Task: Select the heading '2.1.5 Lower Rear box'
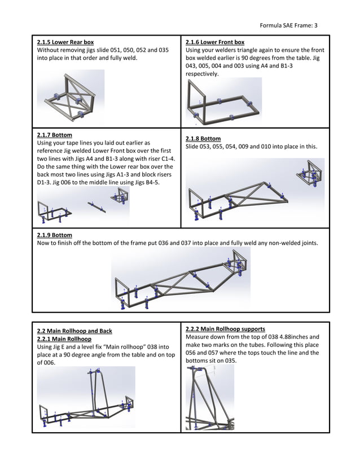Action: [65, 42]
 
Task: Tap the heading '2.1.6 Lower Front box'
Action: [215, 42]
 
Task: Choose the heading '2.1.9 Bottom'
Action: [54, 235]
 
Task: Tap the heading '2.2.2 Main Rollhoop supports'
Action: [225, 329]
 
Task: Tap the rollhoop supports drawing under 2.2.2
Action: [209, 398]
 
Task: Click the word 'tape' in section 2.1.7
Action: [76, 143]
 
